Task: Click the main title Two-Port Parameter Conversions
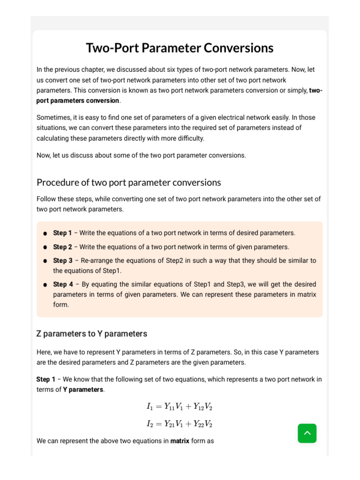pos(180,48)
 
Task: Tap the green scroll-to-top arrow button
pos(307,433)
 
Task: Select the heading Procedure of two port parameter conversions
pos(128,182)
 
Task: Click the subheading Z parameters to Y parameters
pos(91,334)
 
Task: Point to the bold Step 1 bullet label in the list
pos(62,233)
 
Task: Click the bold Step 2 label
pos(62,247)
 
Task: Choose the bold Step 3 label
pos(62,261)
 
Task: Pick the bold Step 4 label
pos(63,285)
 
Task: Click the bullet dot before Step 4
pos(45,285)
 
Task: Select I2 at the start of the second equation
pos(150,424)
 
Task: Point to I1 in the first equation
pos(150,407)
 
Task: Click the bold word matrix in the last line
pos(180,441)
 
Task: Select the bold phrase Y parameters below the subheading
pos(83,390)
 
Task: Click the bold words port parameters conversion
pos(78,100)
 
